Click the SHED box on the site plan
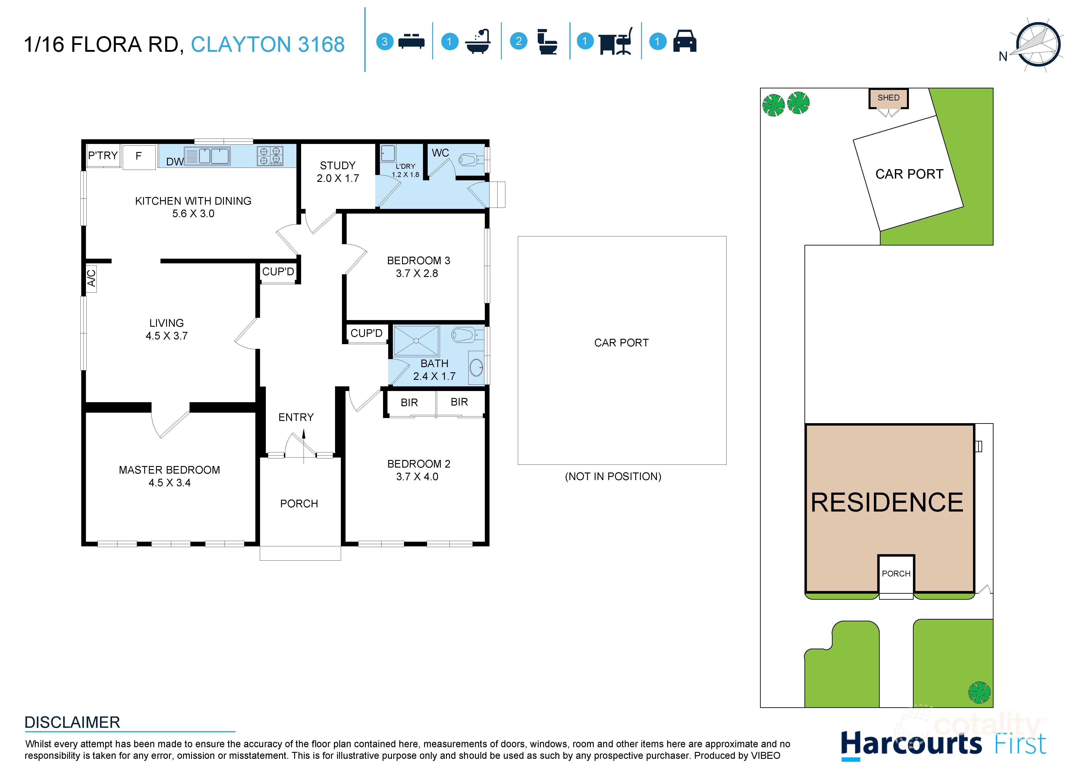click(888, 98)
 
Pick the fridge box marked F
click(139, 157)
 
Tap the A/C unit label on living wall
click(91, 278)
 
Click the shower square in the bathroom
click(416, 340)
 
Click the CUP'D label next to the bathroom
click(366, 333)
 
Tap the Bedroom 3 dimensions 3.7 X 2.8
click(417, 273)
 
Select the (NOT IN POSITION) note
click(612, 476)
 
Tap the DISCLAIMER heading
click(72, 722)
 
